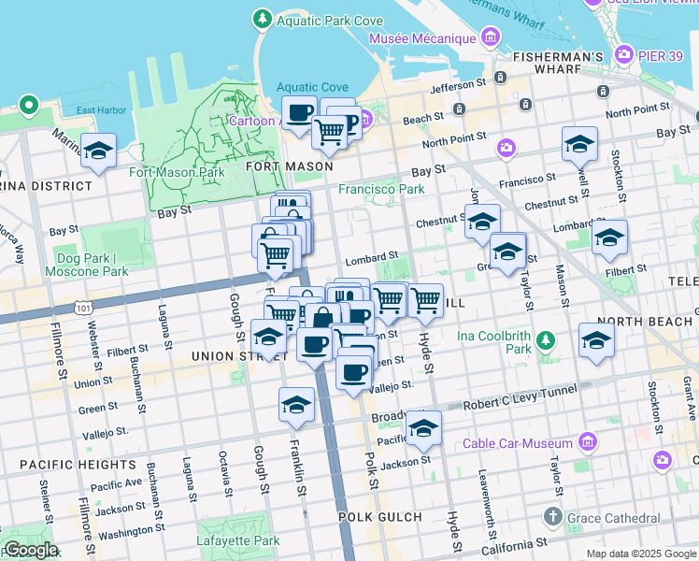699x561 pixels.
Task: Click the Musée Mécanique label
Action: (x=422, y=39)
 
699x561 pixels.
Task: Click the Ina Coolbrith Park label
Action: (x=494, y=342)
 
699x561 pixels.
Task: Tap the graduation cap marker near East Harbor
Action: (x=98, y=151)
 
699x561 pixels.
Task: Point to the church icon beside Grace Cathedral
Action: (x=552, y=517)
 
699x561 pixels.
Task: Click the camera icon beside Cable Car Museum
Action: (x=588, y=440)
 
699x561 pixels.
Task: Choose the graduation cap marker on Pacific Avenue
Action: (x=423, y=428)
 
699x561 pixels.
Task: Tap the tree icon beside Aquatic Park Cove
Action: (x=263, y=19)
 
